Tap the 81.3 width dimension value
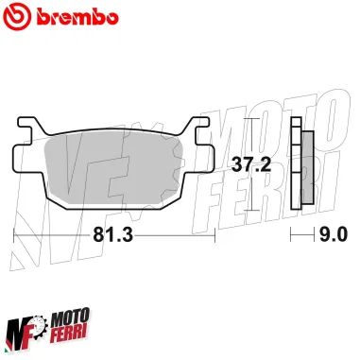click(x=111, y=233)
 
